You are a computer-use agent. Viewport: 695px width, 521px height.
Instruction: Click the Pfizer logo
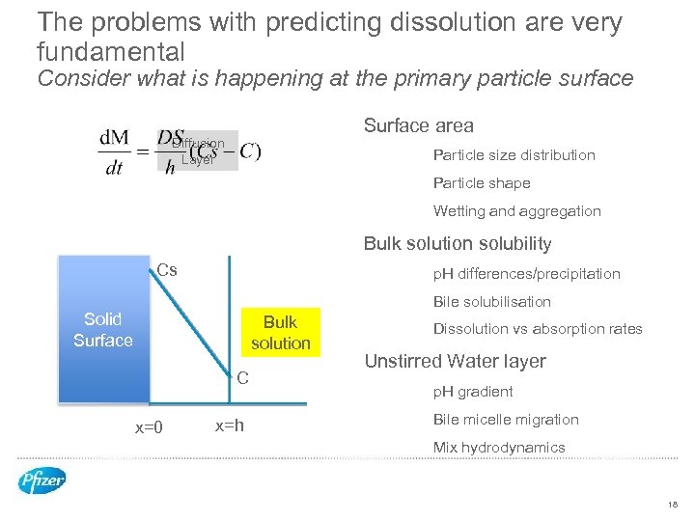coord(42,480)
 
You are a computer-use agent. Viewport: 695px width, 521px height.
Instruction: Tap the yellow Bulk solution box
coord(280,332)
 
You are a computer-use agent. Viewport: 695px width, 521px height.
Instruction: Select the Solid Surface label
coord(103,329)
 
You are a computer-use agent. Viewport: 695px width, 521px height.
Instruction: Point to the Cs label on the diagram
coord(167,270)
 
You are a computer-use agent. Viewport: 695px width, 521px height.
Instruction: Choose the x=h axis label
coord(229,426)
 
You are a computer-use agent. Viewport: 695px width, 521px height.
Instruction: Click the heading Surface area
coord(418,125)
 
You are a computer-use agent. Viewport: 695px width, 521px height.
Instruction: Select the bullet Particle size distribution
coord(514,155)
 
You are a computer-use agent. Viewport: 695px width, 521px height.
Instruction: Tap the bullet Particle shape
coord(482,183)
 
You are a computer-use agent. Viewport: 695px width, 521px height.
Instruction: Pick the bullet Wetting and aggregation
coord(516,211)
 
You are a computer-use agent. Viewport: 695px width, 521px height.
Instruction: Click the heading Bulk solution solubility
coord(457,244)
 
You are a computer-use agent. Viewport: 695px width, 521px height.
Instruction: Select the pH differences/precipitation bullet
coord(526,274)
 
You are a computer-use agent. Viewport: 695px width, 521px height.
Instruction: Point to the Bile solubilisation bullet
coord(492,302)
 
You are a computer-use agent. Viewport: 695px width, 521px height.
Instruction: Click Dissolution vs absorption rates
coord(538,329)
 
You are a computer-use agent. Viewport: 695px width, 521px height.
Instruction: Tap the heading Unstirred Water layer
coord(455,362)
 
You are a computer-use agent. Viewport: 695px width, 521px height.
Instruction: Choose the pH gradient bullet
coord(473,392)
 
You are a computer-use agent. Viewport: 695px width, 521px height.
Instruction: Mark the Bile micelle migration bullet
coord(506,420)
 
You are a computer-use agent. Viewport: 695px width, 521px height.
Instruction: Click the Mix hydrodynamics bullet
coord(499,448)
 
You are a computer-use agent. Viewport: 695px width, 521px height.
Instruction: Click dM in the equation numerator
coord(114,138)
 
